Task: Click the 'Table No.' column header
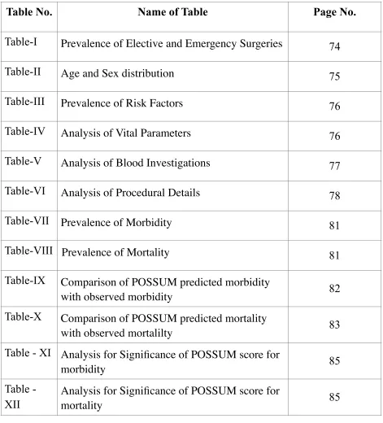pos(29,12)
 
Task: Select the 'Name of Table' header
pos(172,12)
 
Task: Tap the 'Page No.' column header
pos(334,12)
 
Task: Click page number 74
pos(334,46)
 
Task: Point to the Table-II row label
pos(23,72)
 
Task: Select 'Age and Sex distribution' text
pos(117,73)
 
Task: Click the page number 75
pos(334,76)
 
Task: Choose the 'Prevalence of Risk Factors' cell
pos(122,103)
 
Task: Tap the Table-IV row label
pos(25,132)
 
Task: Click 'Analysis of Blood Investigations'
pos(136,163)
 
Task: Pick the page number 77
pos(334,166)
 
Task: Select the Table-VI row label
pos(25,191)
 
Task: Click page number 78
pos(334,196)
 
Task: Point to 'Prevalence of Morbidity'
pos(116,223)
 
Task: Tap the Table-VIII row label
pos(28,251)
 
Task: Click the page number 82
pos(334,289)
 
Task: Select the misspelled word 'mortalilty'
pos(150,334)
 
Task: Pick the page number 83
pos(334,325)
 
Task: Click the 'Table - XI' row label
pos(28,353)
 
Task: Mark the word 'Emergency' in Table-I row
pos(207,44)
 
